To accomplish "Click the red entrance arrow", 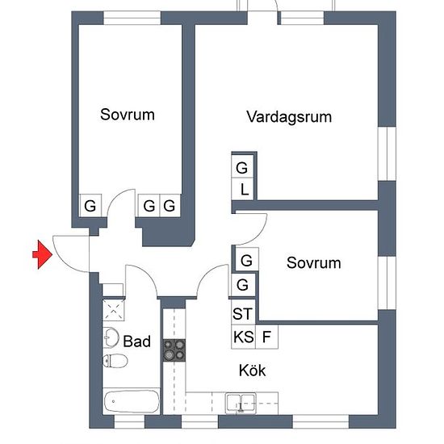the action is click(43, 254).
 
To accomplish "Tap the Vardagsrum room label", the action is click(289, 117).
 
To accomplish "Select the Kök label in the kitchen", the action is click(253, 370).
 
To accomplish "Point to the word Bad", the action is click(136, 341).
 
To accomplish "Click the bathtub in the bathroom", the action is click(132, 401).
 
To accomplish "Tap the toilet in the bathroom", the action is click(115, 361).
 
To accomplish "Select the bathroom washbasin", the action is click(111, 337).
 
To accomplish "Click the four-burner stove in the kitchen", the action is click(174, 350).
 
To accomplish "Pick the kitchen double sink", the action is click(241, 403).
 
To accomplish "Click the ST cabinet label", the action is click(242, 313).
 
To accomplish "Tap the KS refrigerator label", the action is click(243, 337).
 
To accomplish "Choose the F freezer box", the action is click(266, 337).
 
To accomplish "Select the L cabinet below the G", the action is click(242, 189).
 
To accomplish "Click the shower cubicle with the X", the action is click(113, 310).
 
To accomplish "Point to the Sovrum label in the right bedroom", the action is click(313, 263).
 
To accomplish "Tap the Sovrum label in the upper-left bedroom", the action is click(128, 115).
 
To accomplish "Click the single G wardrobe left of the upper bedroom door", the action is click(90, 206).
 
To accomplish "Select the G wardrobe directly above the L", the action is click(242, 166).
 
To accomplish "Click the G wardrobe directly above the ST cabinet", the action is click(243, 285).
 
